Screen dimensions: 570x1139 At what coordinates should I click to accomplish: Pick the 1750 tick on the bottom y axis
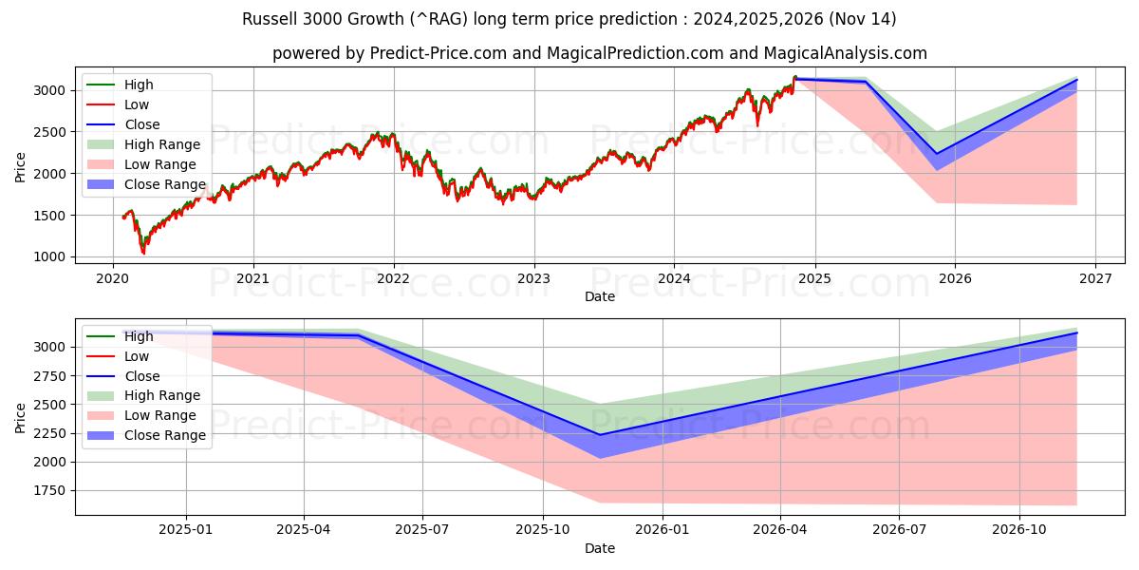pos(49,490)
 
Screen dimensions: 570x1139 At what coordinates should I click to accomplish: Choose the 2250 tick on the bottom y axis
pos(49,433)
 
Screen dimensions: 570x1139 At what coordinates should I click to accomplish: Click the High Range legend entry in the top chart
pos(161,144)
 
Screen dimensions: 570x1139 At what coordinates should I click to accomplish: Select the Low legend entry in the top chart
pos(137,104)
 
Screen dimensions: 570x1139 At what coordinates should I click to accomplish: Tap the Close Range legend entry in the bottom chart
pos(164,435)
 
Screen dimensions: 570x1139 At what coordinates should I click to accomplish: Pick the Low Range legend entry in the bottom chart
pos(160,415)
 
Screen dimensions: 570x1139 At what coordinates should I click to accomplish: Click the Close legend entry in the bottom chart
pos(142,376)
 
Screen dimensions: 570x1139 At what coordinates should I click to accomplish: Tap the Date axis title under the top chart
pos(599,296)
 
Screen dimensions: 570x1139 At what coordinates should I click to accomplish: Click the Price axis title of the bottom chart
pos(21,417)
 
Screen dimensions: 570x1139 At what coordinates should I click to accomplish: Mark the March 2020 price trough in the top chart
pos(143,253)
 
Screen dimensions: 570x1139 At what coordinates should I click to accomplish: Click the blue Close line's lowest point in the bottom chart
pos(599,435)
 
